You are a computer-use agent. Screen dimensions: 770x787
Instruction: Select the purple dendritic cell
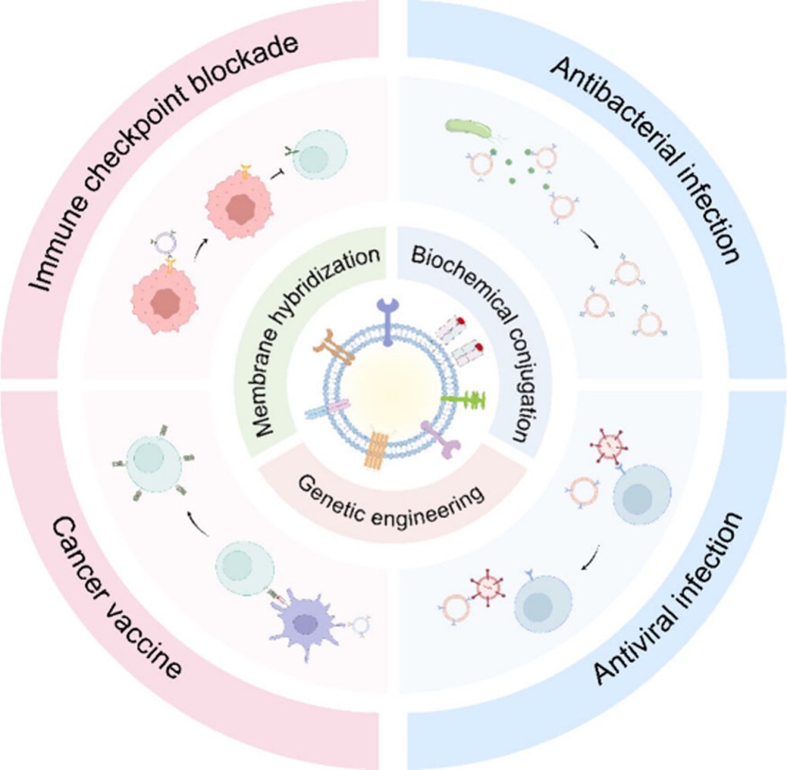point(306,623)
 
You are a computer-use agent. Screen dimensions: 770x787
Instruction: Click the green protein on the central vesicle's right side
point(466,400)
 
